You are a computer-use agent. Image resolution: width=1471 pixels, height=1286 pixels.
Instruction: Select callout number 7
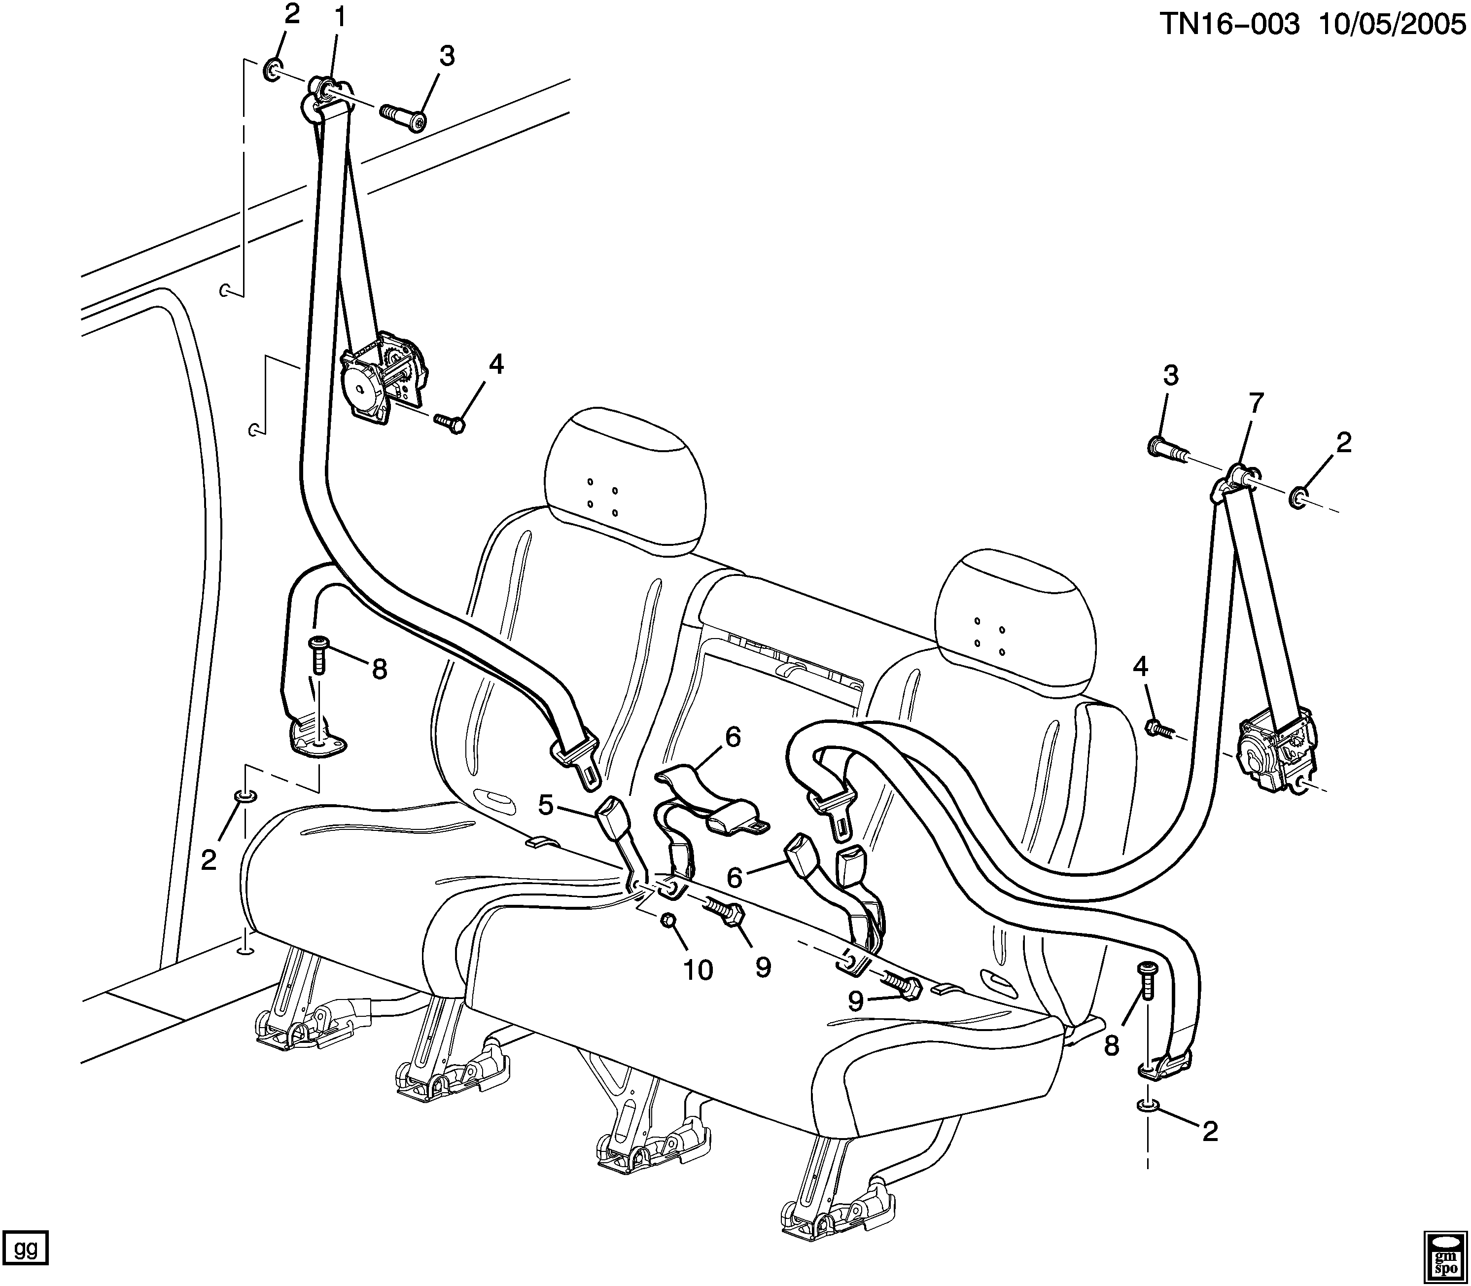click(1255, 404)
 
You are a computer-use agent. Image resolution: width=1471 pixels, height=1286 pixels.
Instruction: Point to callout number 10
click(698, 970)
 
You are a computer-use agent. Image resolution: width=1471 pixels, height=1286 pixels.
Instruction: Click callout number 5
click(546, 805)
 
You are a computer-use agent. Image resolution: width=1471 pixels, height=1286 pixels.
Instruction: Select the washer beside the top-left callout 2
click(273, 70)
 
